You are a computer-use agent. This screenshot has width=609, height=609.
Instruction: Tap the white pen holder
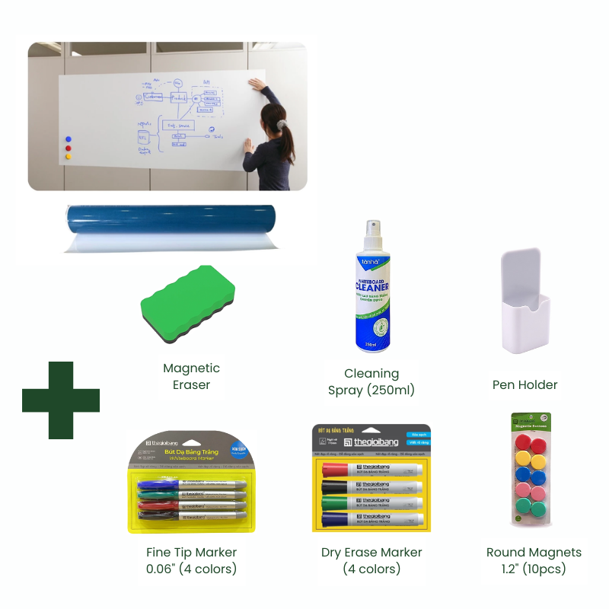click(x=525, y=304)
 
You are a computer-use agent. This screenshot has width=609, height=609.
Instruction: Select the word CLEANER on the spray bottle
click(x=371, y=289)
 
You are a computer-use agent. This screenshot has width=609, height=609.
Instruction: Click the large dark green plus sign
click(x=61, y=400)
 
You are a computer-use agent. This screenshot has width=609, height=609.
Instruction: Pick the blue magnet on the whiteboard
click(x=69, y=139)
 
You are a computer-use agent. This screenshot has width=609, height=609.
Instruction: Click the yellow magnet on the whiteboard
click(x=69, y=156)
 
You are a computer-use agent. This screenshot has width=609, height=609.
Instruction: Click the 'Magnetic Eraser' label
click(x=191, y=376)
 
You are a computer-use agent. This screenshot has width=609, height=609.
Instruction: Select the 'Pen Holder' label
click(x=525, y=384)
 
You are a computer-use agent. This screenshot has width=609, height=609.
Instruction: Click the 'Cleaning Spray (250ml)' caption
click(x=371, y=381)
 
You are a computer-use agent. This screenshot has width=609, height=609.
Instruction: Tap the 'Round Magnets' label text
click(x=534, y=552)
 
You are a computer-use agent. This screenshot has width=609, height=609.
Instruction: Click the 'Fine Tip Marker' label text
click(x=191, y=552)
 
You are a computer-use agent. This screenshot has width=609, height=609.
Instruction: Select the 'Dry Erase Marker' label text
click(x=371, y=552)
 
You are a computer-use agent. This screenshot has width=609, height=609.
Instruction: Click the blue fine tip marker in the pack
click(x=190, y=483)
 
